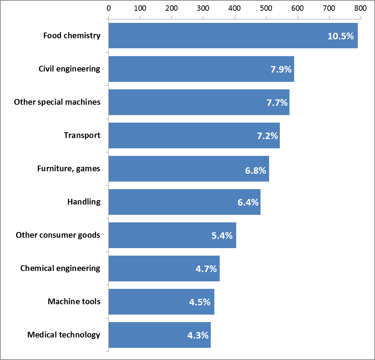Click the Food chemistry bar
tap(233, 36)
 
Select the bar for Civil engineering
tap(201, 69)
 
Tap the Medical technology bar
tap(160, 335)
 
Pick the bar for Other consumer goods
tap(172, 235)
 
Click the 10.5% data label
tap(341, 36)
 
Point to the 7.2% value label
tap(267, 136)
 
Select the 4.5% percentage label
tap(200, 302)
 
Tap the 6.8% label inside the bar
tap(255, 171)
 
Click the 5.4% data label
tap(222, 236)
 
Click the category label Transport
tap(82, 135)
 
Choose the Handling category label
tap(84, 202)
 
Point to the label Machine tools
tap(74, 301)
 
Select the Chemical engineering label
tap(60, 268)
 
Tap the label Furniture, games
tap(69, 169)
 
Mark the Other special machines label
tap(57, 102)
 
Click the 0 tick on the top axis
tap(108, 8)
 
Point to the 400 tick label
tap(234, 8)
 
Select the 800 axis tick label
tap(360, 8)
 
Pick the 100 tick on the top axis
tap(140, 8)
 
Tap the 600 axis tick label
tap(297, 8)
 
